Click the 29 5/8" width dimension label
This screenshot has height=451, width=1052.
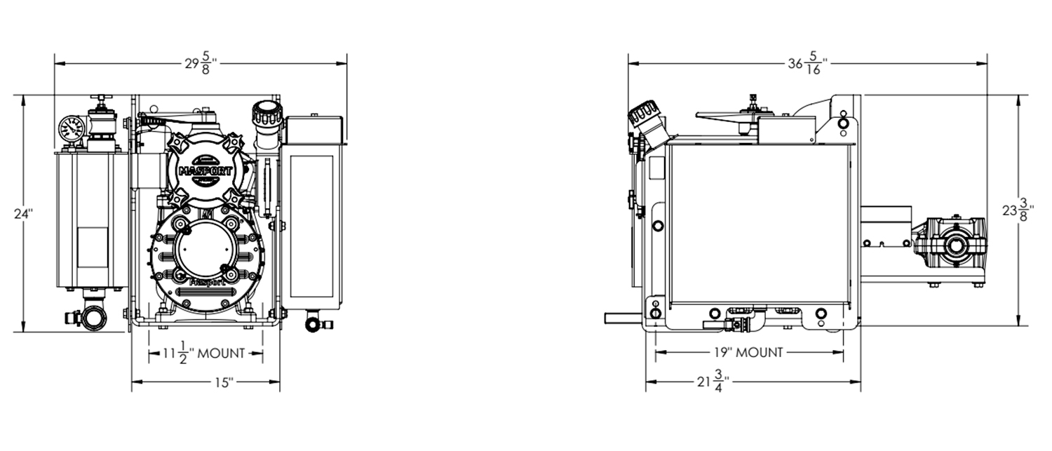(201, 63)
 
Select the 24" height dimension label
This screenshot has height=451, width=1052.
(23, 214)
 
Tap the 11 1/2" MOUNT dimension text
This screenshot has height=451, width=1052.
(204, 354)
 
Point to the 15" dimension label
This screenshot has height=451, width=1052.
(224, 383)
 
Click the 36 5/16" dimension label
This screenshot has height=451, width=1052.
(808, 63)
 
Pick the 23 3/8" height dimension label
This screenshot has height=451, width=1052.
(1018, 210)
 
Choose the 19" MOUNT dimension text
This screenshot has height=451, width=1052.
(748, 352)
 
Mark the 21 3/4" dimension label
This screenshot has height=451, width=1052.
(713, 382)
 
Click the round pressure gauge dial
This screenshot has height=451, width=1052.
(70, 128)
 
